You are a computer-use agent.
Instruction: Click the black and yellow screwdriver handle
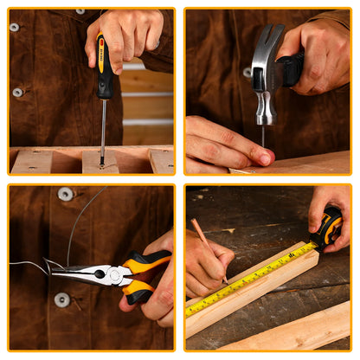[x=104, y=67]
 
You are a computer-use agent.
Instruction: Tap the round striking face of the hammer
[x=265, y=119]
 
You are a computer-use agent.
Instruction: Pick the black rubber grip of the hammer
[x=291, y=68]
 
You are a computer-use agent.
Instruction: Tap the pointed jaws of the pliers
[x=69, y=271]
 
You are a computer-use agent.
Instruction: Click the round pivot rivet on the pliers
[x=112, y=276]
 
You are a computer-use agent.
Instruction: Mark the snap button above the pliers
[x=66, y=194]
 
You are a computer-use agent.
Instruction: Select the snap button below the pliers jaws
[x=61, y=300]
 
